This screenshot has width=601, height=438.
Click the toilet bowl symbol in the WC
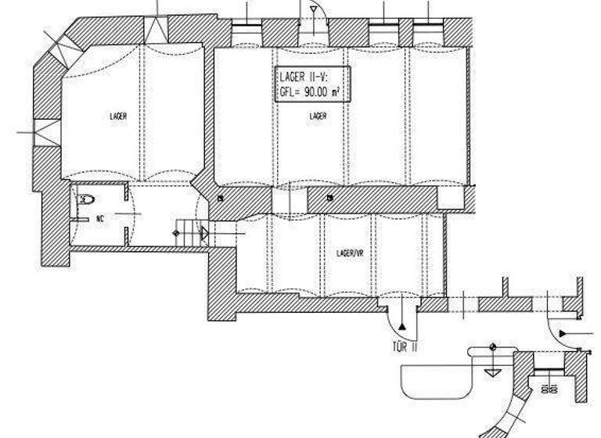pos(85,200)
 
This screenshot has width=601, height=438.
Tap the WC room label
pos(100,219)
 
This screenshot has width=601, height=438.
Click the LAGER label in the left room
pos(118,116)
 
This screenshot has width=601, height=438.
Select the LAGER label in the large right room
pos(318,116)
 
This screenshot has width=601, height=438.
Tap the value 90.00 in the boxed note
pos(315,91)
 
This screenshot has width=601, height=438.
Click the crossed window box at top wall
pos(157,31)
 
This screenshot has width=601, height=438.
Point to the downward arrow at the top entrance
pos(312,10)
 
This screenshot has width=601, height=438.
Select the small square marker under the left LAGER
pos(221,198)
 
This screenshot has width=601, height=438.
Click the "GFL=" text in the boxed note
pos(290,91)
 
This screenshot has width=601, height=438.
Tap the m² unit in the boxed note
pos(337,91)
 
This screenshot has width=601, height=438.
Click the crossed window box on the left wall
pos(46,131)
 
